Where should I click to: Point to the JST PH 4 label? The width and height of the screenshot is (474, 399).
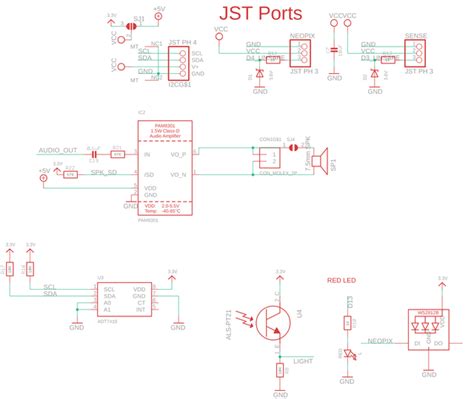coord(183,41)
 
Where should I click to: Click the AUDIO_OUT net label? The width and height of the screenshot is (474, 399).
coord(56,149)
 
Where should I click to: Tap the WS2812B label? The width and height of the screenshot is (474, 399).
coord(428,312)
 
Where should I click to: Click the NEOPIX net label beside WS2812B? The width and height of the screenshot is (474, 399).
coord(380,341)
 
